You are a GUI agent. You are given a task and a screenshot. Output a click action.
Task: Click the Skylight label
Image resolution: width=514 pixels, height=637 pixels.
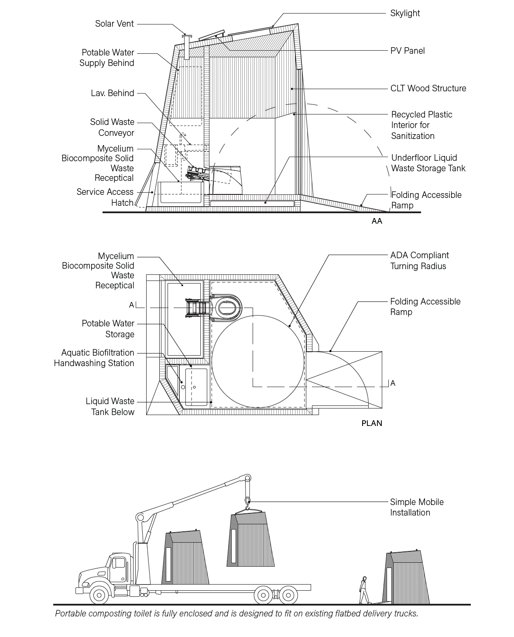[405, 13]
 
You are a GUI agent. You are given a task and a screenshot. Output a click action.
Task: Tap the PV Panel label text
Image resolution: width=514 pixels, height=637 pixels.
[407, 51]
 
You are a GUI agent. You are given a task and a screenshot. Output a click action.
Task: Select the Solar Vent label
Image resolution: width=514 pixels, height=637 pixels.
[114, 24]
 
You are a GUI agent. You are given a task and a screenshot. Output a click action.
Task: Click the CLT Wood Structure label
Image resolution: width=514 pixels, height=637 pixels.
[428, 88]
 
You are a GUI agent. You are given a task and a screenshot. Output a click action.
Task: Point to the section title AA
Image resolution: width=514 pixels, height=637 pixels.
[377, 221]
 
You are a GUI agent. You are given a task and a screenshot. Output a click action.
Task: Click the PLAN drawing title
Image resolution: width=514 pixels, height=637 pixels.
[372, 423]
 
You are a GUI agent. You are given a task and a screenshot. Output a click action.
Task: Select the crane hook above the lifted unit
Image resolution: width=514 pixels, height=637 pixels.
[247, 501]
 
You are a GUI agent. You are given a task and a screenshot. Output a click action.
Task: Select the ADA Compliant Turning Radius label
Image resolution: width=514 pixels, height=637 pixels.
[419, 261]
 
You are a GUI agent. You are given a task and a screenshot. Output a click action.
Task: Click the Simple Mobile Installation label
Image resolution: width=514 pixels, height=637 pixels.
[416, 507]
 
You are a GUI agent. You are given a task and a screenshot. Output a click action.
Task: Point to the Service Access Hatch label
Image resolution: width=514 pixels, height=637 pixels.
[105, 197]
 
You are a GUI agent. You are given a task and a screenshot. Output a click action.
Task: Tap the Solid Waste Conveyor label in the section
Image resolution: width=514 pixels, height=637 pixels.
[112, 127]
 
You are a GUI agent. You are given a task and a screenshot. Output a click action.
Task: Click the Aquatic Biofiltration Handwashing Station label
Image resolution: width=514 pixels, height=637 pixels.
[94, 358]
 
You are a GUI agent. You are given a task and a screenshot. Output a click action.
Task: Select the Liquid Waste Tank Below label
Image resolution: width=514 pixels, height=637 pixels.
[110, 406]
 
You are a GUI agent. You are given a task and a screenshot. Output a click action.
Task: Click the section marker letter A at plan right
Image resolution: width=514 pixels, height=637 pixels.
[393, 383]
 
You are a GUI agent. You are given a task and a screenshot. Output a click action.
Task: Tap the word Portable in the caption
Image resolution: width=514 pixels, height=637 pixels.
[71, 613]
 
